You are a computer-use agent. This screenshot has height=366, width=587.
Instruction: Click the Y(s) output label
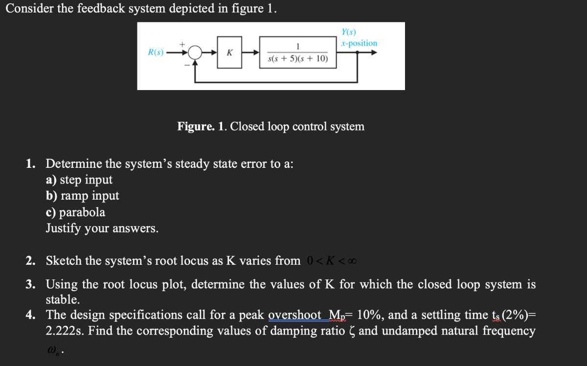pos(348,32)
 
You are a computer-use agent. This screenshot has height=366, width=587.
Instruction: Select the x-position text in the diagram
pos(360,43)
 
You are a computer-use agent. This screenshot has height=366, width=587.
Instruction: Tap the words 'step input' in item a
pos(86,180)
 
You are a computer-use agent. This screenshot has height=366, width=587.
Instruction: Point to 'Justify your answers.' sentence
pos(102,228)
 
